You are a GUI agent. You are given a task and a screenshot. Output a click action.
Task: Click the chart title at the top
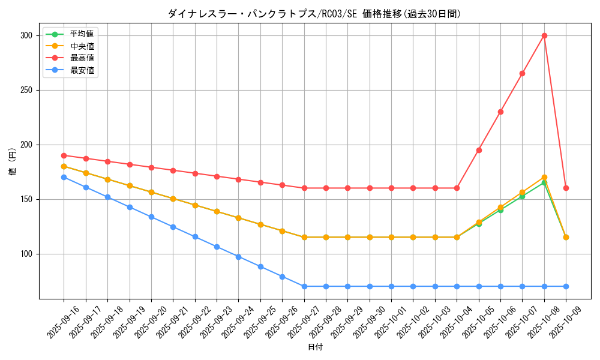[x=314, y=14]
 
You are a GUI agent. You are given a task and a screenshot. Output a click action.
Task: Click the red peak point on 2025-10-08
[x=544, y=35]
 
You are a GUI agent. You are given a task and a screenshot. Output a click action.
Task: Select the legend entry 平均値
[x=82, y=34]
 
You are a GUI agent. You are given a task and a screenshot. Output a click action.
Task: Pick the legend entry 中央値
[x=82, y=46]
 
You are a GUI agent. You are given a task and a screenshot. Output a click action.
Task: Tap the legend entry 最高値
[x=82, y=58]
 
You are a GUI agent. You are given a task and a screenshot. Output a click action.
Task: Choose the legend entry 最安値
[x=82, y=70]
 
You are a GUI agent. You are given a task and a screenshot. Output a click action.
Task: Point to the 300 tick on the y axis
[x=26, y=35]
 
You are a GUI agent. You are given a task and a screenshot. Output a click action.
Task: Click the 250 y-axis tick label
[x=26, y=90]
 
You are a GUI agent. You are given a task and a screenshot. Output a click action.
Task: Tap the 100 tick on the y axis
[x=26, y=254]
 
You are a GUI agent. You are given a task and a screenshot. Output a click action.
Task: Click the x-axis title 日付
[x=315, y=347]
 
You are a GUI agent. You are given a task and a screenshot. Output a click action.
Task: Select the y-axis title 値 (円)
[x=13, y=162]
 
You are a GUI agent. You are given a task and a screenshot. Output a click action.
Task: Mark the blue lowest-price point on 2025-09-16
[x=64, y=177]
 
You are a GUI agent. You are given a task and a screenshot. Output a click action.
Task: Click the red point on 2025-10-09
[x=566, y=188]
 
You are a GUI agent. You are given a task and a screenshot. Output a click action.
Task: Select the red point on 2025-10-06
[x=500, y=112]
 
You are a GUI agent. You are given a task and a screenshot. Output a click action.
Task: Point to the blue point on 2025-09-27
[x=304, y=286]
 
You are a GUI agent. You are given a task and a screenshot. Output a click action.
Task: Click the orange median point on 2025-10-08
[x=544, y=177]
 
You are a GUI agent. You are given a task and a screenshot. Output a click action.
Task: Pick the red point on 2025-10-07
[x=522, y=73]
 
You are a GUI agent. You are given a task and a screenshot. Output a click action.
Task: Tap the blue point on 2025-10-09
[x=566, y=286]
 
